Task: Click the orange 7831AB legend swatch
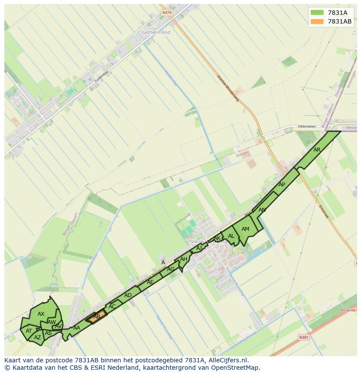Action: pyautogui.click(x=317, y=21)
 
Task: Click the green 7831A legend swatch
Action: pyautogui.click(x=317, y=13)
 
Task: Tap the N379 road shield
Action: pyautogui.click(x=167, y=13)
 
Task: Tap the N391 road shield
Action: pyautogui.click(x=303, y=337)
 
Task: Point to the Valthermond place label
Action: pyautogui.click(x=156, y=32)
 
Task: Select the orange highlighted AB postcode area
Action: pyautogui.click(x=97, y=317)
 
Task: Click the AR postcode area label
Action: pyautogui.click(x=317, y=150)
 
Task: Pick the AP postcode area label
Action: pyautogui.click(x=282, y=185)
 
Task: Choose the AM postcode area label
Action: pyautogui.click(x=245, y=229)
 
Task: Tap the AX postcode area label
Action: pyautogui.click(x=41, y=314)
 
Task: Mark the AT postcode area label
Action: pyautogui.click(x=29, y=331)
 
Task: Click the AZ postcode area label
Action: pyautogui.click(x=37, y=338)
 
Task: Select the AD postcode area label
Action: pyautogui.click(x=128, y=295)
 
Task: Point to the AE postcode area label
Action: pyautogui.click(x=150, y=282)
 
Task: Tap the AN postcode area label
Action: pyautogui.click(x=262, y=210)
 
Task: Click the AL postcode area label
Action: pyautogui.click(x=231, y=236)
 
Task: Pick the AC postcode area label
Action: pyautogui.click(x=112, y=306)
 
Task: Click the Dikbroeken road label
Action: pyautogui.click(x=307, y=127)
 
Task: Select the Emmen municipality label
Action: pyautogui.click(x=243, y=153)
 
